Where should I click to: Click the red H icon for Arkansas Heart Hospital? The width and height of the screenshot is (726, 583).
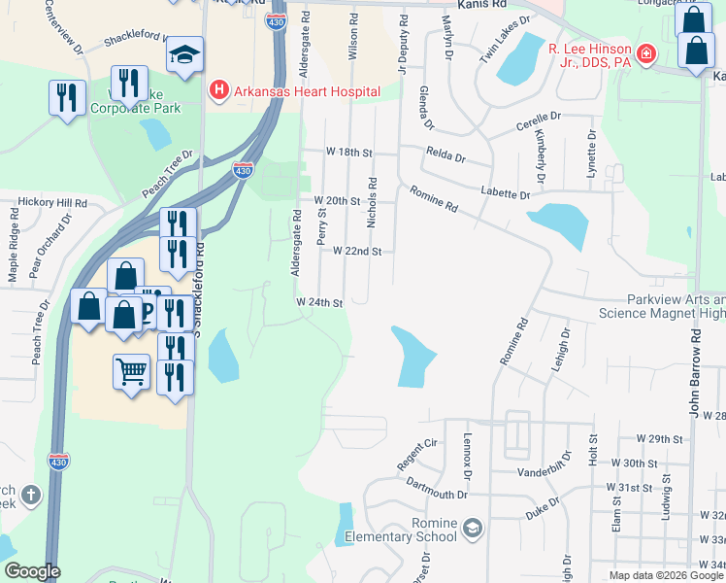click(x=218, y=91)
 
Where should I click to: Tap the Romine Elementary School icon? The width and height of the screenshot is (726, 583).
click(x=473, y=528)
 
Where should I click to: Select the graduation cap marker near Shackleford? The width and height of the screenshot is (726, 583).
click(x=183, y=57)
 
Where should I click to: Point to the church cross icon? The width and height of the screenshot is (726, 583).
click(x=30, y=497)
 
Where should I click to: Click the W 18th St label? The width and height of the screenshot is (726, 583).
click(x=349, y=153)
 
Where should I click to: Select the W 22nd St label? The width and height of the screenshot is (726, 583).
click(x=356, y=251)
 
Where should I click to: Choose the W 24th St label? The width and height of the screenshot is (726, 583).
click(x=320, y=303)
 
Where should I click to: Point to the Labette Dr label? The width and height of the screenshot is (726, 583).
click(x=505, y=194)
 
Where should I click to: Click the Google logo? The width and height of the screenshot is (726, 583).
click(x=32, y=571)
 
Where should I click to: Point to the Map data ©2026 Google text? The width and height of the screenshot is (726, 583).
click(x=666, y=574)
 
